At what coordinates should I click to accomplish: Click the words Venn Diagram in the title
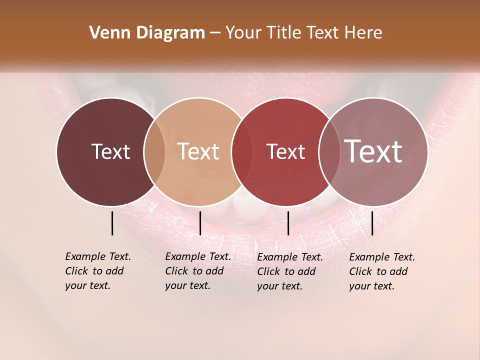click(x=147, y=33)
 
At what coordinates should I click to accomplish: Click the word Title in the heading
click(x=283, y=33)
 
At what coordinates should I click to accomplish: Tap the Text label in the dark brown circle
click(x=110, y=151)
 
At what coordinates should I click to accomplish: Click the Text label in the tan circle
click(x=198, y=151)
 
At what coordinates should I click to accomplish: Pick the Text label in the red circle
click(x=285, y=151)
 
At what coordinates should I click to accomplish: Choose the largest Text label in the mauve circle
click(x=373, y=151)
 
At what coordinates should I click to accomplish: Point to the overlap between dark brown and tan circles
click(x=154, y=151)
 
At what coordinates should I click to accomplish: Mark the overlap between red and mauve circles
click(x=327, y=151)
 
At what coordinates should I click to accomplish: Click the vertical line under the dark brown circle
click(x=112, y=223)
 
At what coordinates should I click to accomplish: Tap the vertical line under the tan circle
click(x=200, y=223)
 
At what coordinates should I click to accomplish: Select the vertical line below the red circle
click(x=288, y=223)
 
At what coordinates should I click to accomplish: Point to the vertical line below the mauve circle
click(x=372, y=223)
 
